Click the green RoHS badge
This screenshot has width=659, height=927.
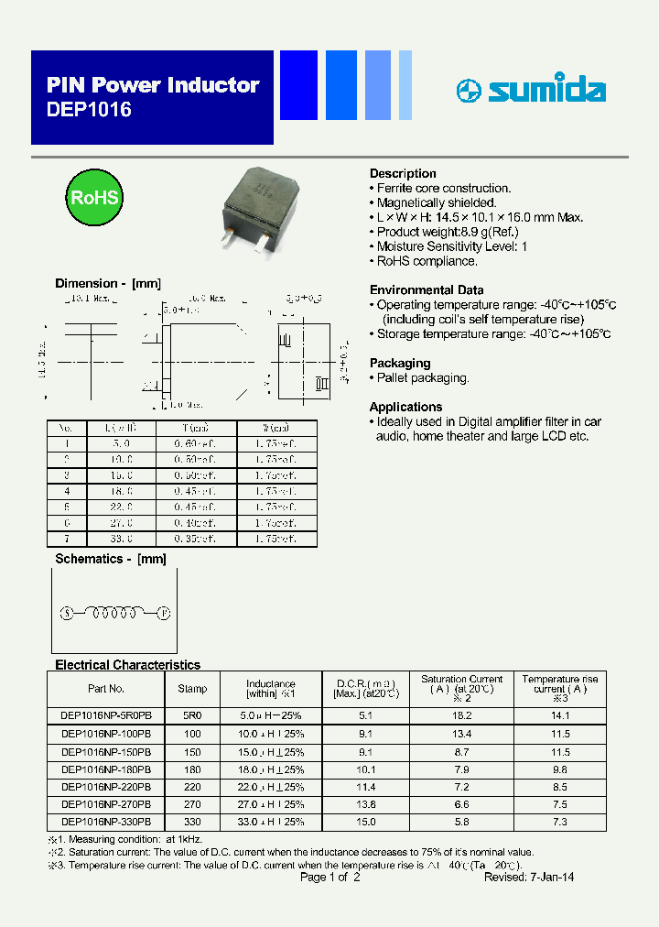pyautogui.click(x=93, y=198)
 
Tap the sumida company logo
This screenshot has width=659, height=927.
pyautogui.click(x=531, y=90)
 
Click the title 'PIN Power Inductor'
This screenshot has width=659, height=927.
pyautogui.click(x=153, y=85)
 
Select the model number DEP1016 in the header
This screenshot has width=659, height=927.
pyautogui.click(x=89, y=110)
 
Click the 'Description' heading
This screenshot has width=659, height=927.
pyautogui.click(x=403, y=173)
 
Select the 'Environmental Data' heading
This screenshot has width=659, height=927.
pyautogui.click(x=427, y=289)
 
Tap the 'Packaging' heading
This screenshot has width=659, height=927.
pyautogui.click(x=400, y=363)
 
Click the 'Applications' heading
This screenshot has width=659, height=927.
pyautogui.click(x=405, y=407)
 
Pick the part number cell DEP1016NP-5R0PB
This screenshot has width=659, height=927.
pyautogui.click(x=106, y=715)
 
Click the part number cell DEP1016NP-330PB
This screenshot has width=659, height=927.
pyautogui.click(x=106, y=823)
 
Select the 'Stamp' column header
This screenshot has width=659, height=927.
pyautogui.click(x=192, y=689)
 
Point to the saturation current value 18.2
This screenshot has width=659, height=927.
pyautogui.click(x=461, y=715)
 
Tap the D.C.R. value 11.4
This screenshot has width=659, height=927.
pyautogui.click(x=366, y=787)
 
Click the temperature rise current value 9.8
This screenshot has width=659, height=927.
pyautogui.click(x=560, y=769)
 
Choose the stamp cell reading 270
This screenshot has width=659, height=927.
pyautogui.click(x=192, y=804)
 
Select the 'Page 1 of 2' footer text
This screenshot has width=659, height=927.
pyautogui.click(x=330, y=877)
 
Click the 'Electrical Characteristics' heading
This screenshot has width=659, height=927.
pyautogui.click(x=127, y=665)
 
